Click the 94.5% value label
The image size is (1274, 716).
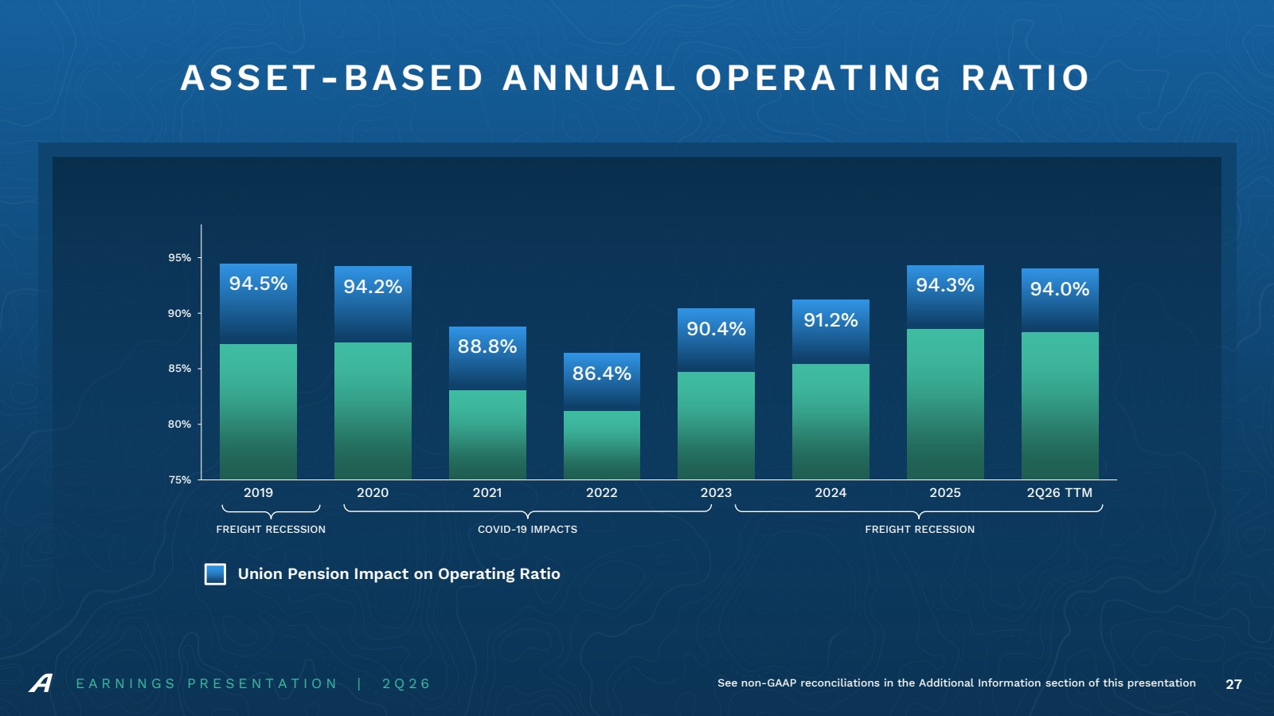258,284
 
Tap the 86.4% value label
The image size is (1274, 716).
602,373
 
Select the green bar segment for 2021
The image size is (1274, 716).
487,435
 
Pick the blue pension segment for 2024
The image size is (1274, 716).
830,331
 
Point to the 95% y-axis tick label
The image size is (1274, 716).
180,257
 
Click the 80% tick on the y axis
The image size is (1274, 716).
180,425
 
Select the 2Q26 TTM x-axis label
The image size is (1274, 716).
1060,492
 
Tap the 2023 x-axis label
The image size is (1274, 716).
716,492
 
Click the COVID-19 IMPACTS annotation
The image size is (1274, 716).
527,530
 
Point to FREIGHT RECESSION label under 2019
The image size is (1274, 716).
271,530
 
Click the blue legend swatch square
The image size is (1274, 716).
215,574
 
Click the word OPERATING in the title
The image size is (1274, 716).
819,78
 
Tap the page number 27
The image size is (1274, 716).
1233,684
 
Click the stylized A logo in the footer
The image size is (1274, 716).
41,683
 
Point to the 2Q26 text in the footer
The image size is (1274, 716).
406,683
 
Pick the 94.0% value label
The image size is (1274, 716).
1060,289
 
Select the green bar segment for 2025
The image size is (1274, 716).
945,404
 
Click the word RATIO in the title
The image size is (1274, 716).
1026,78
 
